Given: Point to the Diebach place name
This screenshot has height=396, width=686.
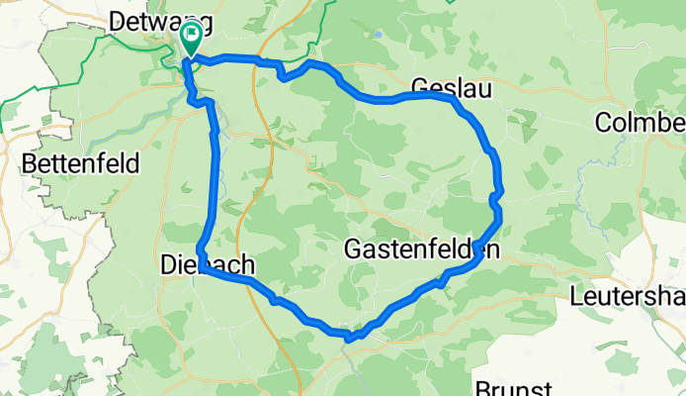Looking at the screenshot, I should tap(207, 265).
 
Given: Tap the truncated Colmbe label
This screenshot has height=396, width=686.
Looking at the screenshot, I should tap(641, 122).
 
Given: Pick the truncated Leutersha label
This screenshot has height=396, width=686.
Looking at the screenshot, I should tap(628, 296).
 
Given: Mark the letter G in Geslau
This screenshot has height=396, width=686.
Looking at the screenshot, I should tap(418, 84).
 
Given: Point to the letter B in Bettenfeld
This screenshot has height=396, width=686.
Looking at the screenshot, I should tap(28, 162).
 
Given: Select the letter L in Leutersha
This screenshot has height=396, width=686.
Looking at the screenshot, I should tap(576, 296).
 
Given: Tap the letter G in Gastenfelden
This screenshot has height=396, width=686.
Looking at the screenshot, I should tap(353, 250).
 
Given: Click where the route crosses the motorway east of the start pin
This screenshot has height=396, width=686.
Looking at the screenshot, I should tap(262, 61).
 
